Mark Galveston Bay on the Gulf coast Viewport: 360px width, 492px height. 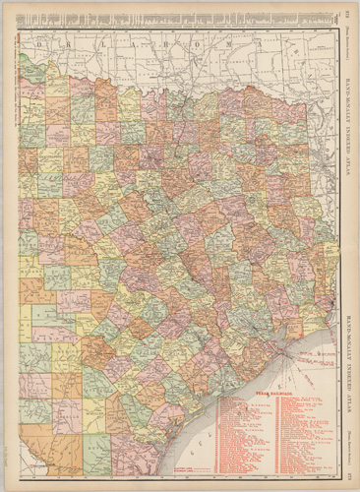286,339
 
